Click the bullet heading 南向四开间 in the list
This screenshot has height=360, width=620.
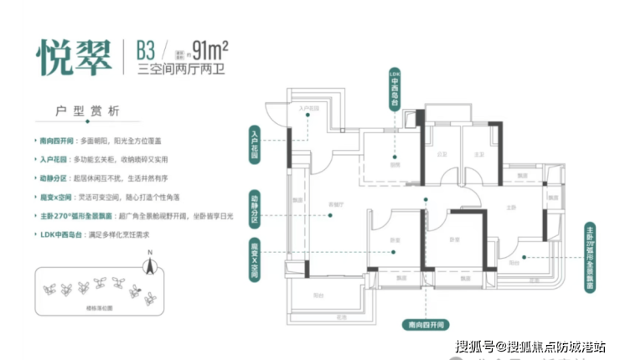(55, 143)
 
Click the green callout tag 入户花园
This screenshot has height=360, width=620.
(252, 142)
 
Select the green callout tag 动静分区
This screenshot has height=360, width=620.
(252, 204)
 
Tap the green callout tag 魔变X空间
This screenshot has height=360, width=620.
(252, 259)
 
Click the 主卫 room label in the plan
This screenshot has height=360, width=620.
(478, 154)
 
